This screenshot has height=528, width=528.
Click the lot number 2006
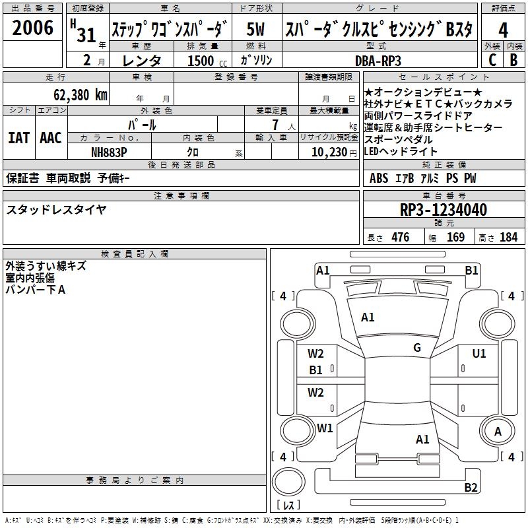pos(32,28)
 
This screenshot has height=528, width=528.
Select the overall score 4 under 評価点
pos(503,30)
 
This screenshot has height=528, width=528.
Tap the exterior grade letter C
pos(492,59)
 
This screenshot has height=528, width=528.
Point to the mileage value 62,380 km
pos(73,95)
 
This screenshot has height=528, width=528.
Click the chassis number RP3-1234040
pos(444,210)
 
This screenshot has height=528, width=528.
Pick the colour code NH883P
pos(109,152)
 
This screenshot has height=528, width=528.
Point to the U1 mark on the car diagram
pos(479,354)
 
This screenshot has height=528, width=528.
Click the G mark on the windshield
pos(417,348)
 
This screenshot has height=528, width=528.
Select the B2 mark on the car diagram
pos(471,488)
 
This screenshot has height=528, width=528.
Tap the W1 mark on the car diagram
pos(324,428)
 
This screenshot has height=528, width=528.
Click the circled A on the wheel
pos(498,431)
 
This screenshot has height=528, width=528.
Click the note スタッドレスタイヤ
pos(56,210)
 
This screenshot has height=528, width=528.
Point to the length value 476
pos(400,238)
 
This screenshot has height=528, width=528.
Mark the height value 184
pos(508,238)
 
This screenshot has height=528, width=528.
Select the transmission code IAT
pos(18,138)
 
